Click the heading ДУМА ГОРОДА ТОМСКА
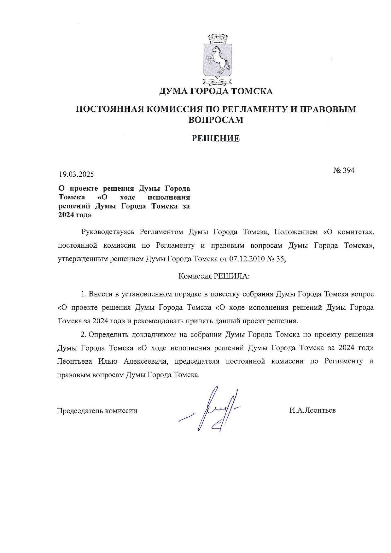click(x=216, y=91)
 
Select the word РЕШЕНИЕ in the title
click(x=216, y=138)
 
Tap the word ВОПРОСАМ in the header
click(x=216, y=120)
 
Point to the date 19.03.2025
click(x=76, y=174)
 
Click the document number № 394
click(x=344, y=170)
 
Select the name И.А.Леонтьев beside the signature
click(x=312, y=410)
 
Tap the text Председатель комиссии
click(x=97, y=411)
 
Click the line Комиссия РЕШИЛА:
click(x=214, y=276)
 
